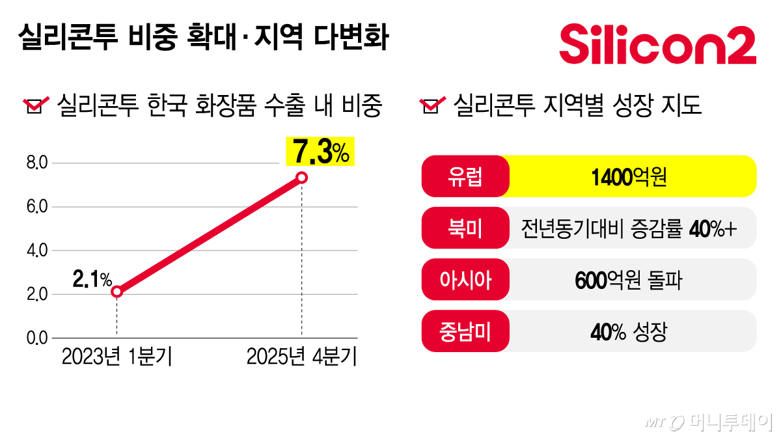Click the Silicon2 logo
pyautogui.click(x=657, y=44)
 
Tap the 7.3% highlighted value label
pyautogui.click(x=321, y=153)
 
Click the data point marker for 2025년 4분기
pyautogui.click(x=301, y=178)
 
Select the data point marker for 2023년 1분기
pyautogui.click(x=116, y=292)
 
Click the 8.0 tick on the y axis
pyautogui.click(x=37, y=163)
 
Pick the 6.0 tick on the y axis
pyautogui.click(x=37, y=207)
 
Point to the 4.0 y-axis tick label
pyautogui.click(x=37, y=251)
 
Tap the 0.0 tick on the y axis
pyautogui.click(x=37, y=338)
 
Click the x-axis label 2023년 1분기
pyautogui.click(x=116, y=357)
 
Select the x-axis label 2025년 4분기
pyautogui.click(x=301, y=357)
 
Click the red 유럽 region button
pyautogui.click(x=465, y=176)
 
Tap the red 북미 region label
pyautogui.click(x=465, y=228)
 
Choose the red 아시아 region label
pyautogui.click(x=465, y=280)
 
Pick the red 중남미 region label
pyautogui.click(x=465, y=332)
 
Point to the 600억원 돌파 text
pyautogui.click(x=629, y=280)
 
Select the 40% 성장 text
pyautogui.click(x=629, y=332)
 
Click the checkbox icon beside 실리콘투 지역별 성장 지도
pyautogui.click(x=432, y=105)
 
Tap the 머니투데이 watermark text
pyautogui.click(x=729, y=422)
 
